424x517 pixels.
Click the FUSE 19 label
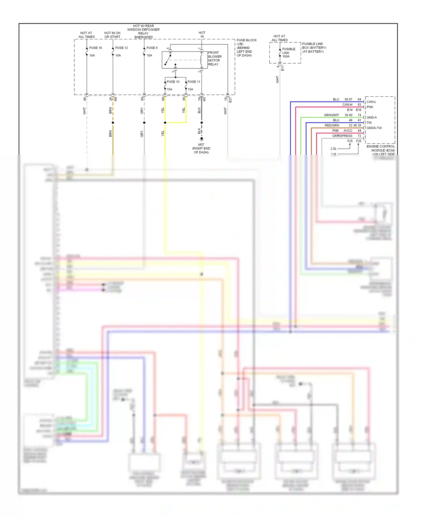[96, 48]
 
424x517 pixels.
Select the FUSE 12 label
[122, 48]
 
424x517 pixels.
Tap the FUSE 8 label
[152, 48]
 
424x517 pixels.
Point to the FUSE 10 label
[173, 82]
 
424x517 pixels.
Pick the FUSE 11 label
[194, 82]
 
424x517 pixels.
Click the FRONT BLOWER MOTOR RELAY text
[215, 59]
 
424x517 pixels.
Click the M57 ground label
[201, 145]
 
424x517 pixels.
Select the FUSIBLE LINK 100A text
[289, 53]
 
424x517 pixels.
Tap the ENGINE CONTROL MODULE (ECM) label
[380, 148]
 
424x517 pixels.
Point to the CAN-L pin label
[371, 102]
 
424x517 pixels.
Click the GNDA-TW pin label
[374, 128]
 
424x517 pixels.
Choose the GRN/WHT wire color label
[331, 115]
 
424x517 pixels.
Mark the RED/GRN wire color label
[332, 125]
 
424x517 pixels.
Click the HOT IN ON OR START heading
[112, 35]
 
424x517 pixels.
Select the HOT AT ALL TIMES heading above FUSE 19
[86, 35]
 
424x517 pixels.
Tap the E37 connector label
[230, 100]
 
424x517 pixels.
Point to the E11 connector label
[283, 68]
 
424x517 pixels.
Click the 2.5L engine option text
[334, 148]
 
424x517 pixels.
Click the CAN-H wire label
[347, 105]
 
